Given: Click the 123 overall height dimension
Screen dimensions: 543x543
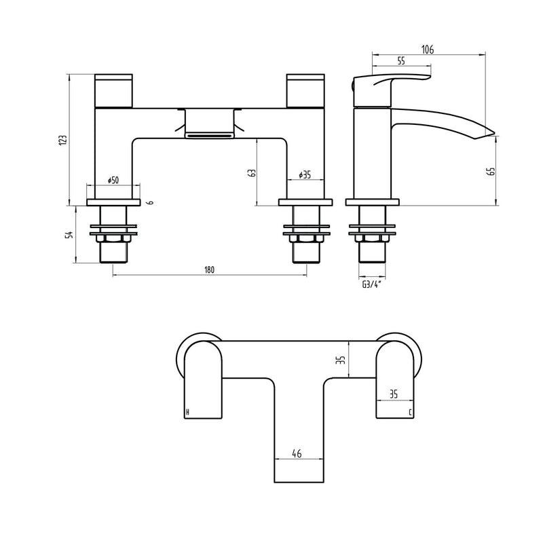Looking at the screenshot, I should tap(62, 139).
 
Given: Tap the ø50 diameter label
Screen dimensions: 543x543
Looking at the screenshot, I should tap(113, 180).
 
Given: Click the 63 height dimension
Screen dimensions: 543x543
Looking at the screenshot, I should tap(252, 173).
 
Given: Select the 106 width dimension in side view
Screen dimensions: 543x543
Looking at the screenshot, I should tap(427, 49).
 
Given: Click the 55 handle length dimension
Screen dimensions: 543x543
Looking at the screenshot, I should tap(401, 61).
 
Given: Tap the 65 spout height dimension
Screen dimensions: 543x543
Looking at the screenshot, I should tap(491, 171).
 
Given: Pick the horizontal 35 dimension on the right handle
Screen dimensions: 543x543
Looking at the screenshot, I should tap(394, 393).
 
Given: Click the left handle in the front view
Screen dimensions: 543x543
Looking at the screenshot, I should tap(114, 91).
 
